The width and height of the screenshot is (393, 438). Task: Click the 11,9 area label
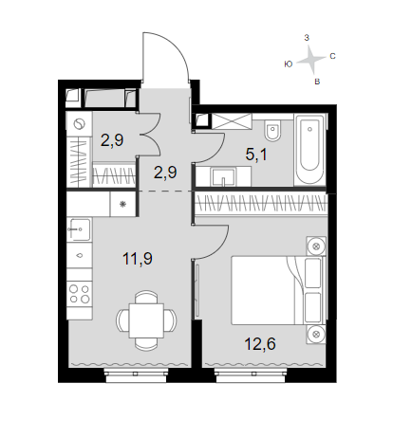point(138,259)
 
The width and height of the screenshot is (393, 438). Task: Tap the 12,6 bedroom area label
point(260,343)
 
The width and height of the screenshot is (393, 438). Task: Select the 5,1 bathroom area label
point(256,155)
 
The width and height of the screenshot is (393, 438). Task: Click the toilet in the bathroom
point(273,131)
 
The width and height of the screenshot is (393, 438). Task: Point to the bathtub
point(309,150)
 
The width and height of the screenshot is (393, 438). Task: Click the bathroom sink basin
point(223,176)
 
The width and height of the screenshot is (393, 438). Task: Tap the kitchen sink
point(79,229)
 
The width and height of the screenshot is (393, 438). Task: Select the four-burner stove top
point(80,294)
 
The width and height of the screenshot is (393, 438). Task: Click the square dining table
point(146,320)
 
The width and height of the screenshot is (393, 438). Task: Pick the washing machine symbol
point(79,124)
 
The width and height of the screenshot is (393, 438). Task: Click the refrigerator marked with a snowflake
point(123,204)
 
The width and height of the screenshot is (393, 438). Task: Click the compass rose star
point(311,59)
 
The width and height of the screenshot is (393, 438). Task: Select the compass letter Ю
point(288,64)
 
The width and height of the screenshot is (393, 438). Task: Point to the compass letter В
point(317,82)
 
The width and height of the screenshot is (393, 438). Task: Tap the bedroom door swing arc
point(221,247)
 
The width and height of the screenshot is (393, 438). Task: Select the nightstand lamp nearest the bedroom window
point(316,334)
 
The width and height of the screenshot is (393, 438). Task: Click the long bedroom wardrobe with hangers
point(261,205)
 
